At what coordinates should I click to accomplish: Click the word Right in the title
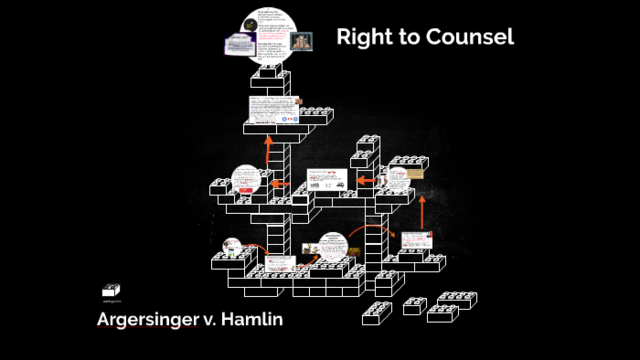(x=362, y=38)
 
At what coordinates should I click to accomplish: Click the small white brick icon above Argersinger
(x=111, y=290)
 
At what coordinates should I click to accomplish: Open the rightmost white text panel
(x=415, y=241)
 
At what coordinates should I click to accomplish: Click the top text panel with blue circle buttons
(x=274, y=110)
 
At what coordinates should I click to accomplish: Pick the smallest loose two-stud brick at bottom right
(x=415, y=306)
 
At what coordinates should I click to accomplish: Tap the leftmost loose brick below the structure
(x=378, y=314)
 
